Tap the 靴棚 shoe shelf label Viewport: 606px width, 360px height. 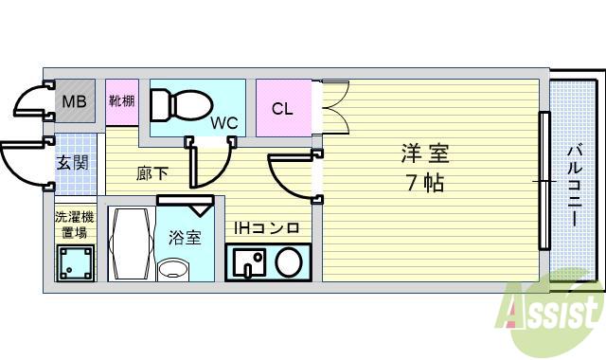coord(121,101)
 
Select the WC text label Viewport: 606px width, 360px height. coord(224,122)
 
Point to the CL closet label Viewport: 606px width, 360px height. coord(282,108)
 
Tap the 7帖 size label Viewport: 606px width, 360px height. coord(425,183)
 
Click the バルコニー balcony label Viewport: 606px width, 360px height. coord(574,185)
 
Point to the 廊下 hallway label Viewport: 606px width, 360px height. coord(151,173)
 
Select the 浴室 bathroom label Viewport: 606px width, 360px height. coord(185,237)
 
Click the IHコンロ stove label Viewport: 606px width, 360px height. coord(267,228)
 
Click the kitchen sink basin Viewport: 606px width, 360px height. coord(247,261)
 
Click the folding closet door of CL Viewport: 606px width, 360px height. coord(334,109)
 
